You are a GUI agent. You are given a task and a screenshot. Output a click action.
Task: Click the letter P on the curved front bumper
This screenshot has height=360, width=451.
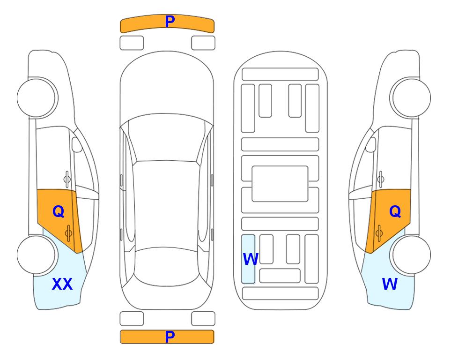170,21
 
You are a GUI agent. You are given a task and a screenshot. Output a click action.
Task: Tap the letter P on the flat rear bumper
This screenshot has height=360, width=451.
170,337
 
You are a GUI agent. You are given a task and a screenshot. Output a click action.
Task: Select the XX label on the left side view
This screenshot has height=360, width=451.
62,284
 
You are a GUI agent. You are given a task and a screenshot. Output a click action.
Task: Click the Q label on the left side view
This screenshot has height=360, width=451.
59,211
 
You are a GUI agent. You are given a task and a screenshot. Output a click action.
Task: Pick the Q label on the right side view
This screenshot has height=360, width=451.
395,211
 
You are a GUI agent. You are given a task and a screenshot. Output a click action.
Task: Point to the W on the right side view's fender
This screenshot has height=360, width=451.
390,284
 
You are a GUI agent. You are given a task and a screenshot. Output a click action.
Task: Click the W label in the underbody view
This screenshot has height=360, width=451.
251,259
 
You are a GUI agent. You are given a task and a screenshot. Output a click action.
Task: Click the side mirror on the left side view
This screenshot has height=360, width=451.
76,144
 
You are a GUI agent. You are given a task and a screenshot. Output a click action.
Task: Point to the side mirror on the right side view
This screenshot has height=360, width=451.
370,144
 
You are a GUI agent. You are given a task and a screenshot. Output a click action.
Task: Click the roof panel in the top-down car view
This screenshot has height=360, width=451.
166,205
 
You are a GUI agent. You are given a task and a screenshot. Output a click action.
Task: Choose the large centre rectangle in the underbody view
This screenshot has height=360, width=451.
280,184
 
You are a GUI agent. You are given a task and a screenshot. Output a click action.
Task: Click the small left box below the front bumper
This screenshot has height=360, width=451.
132,43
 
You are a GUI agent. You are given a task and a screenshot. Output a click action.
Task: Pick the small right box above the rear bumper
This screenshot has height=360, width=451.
203,319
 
